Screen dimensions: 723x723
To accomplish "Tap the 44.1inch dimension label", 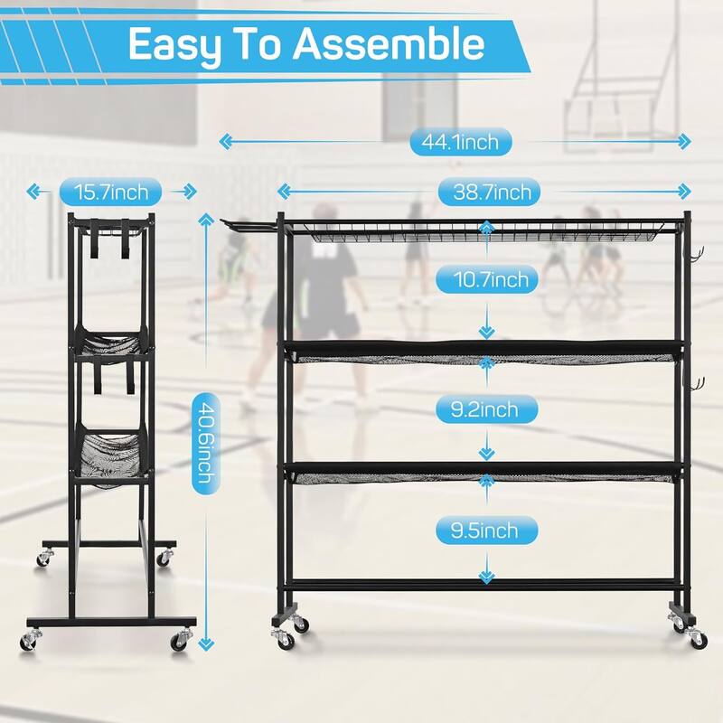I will [454, 141].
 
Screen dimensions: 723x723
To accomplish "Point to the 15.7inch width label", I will [110, 191].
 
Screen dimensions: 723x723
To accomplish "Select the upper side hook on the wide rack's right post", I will [696, 257].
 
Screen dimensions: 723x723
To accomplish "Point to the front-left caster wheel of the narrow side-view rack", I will [33, 638].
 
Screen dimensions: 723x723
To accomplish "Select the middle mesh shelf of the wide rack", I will [484, 354].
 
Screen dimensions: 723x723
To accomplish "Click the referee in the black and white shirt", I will [324, 281].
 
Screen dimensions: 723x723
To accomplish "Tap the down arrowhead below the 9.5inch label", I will [488, 577].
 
